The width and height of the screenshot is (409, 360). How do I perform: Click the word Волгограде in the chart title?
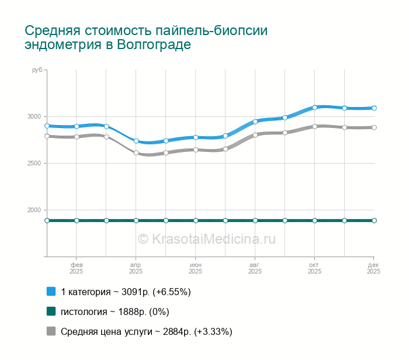coord(154,45)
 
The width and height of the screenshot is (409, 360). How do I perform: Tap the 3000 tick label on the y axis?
coord(35,116)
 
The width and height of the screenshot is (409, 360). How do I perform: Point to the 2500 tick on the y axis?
coord(35,163)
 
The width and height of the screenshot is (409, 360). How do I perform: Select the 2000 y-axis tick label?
coord(35,210)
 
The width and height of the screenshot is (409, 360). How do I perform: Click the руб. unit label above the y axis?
coord(37,70)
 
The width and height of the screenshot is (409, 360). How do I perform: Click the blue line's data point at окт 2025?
coord(314,108)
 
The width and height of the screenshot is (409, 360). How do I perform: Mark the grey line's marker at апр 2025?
coord(136,153)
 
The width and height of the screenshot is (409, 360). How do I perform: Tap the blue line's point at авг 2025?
coord(255,122)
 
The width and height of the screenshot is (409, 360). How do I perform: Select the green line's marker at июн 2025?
coord(196,220)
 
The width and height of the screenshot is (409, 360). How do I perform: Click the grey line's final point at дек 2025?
coord(374,127)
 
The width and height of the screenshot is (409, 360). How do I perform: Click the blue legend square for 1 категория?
coord(51,292)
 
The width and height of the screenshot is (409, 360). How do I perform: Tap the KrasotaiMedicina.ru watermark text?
coord(206,238)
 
